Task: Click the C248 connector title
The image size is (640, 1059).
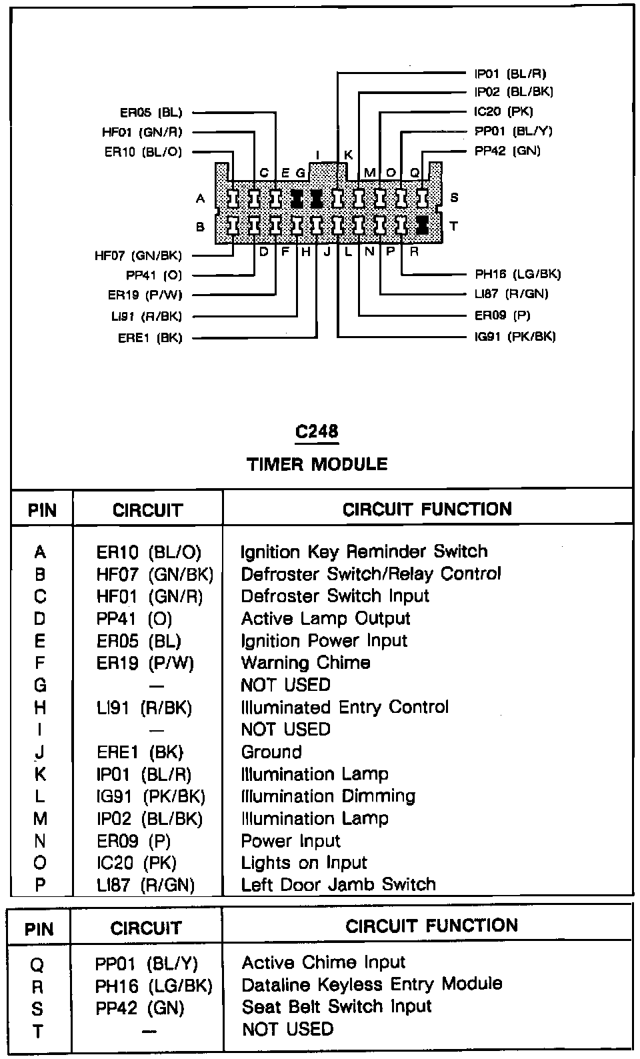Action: click(x=317, y=432)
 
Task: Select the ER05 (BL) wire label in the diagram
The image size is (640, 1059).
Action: click(x=151, y=113)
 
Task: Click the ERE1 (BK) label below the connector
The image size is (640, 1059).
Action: click(x=150, y=338)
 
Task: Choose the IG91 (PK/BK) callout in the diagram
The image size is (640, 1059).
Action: click(x=515, y=336)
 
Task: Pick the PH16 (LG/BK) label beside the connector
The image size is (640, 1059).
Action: click(x=517, y=273)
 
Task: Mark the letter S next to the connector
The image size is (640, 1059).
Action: click(x=454, y=197)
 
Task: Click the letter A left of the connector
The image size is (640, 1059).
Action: click(x=200, y=198)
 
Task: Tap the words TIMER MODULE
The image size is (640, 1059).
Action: click(x=317, y=463)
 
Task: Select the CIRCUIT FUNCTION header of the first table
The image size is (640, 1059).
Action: click(x=427, y=509)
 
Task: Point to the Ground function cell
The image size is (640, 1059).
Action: click(x=271, y=752)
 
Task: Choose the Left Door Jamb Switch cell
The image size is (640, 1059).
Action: click(x=338, y=885)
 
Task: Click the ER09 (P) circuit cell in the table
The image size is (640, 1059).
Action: click(x=134, y=841)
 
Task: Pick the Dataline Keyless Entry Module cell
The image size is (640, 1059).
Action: click(x=371, y=984)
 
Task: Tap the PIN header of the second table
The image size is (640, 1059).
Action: click(x=39, y=928)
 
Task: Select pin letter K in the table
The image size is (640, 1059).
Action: click(x=40, y=774)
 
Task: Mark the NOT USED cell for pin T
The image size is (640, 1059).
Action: click(x=287, y=1029)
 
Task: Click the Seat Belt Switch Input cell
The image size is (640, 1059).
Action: click(x=337, y=1007)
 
